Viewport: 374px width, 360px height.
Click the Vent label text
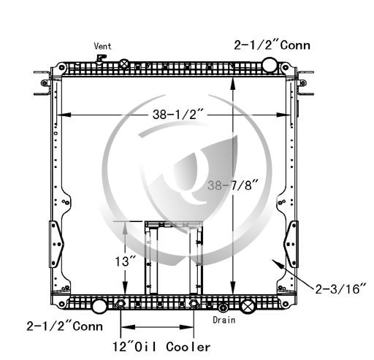coord(102,46)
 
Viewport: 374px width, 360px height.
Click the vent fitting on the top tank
coord(100,59)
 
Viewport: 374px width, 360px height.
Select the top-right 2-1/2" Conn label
coord(272,45)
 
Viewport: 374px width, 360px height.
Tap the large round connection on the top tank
coord(270,65)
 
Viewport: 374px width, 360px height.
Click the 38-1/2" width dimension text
coord(178,114)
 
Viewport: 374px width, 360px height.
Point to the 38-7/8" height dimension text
coord(233,185)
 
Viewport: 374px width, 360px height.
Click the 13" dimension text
coord(125,261)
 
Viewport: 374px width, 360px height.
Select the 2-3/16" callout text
coord(340,289)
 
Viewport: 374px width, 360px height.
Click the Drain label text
coord(224,320)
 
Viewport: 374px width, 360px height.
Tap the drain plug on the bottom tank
coord(223,308)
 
